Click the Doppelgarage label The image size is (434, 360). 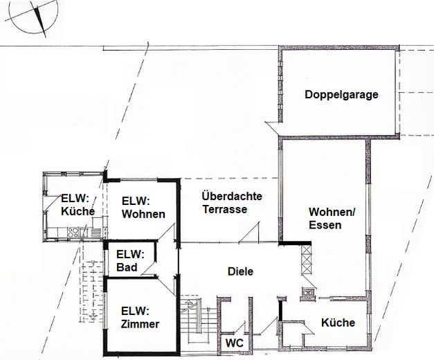(341, 95)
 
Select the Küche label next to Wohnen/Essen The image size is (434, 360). (338, 323)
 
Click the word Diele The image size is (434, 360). (240, 271)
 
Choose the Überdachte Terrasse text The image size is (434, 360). (232, 203)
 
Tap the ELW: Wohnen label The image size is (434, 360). (143, 208)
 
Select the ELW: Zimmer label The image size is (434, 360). (139, 317)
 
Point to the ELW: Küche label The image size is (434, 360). (77, 204)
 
